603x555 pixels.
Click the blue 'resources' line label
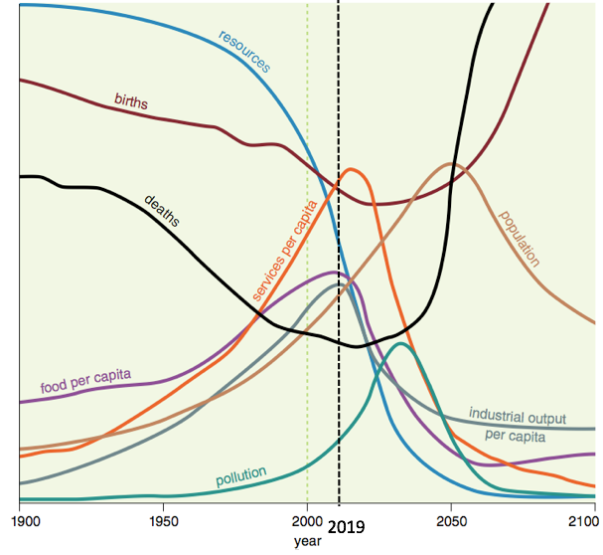[244, 50]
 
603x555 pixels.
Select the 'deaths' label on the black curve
[163, 210]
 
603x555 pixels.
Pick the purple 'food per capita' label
[86, 381]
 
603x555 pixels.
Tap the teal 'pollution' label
[241, 477]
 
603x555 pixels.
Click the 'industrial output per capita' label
[517, 425]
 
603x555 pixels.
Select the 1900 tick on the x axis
[20, 520]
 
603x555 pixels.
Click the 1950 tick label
[163, 520]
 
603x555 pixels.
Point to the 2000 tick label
[307, 520]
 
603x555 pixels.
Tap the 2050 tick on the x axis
[451, 520]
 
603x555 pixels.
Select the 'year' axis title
[307, 541]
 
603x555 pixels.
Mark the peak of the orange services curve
[351, 170]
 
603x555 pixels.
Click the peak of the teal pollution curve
[400, 344]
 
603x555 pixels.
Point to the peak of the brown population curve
[451, 164]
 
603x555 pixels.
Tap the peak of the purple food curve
[335, 273]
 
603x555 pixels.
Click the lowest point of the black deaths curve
[359, 346]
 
